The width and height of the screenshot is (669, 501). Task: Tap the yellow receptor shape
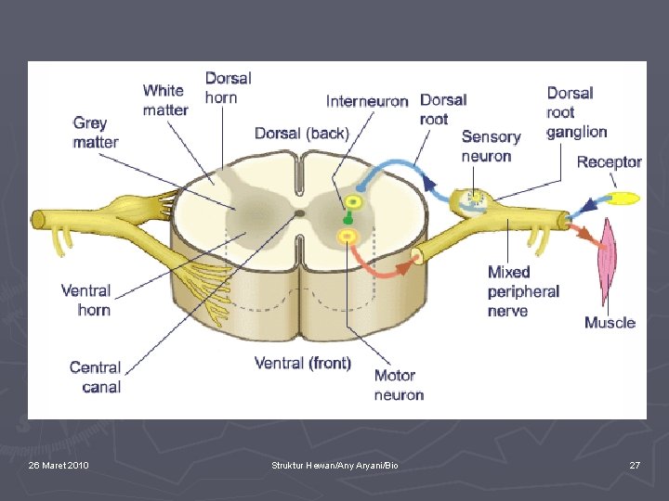click(624, 198)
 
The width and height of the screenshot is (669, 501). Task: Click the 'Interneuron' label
click(367, 101)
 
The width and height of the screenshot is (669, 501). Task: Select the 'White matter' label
click(165, 100)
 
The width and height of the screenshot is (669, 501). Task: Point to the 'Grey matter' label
click(96, 133)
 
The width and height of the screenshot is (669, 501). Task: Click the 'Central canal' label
click(96, 377)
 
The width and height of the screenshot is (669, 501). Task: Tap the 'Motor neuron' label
click(399, 385)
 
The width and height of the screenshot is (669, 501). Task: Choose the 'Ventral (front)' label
click(303, 363)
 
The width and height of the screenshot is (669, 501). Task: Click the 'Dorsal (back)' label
click(302, 134)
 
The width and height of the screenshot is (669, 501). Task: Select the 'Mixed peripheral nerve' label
click(523, 291)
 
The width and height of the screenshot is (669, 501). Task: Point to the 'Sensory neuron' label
click(491, 147)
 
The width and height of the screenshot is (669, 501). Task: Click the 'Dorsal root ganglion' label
click(576, 112)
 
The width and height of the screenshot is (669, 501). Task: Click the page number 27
click(635, 465)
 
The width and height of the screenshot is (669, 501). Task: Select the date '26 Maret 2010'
click(59, 465)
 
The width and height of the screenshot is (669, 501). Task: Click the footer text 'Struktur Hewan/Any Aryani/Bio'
click(334, 465)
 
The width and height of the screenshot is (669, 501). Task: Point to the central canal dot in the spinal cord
click(299, 213)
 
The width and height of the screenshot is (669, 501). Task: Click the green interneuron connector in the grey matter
click(348, 219)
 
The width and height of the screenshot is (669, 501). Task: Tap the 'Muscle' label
click(610, 323)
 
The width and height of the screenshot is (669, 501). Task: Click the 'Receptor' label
click(609, 162)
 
